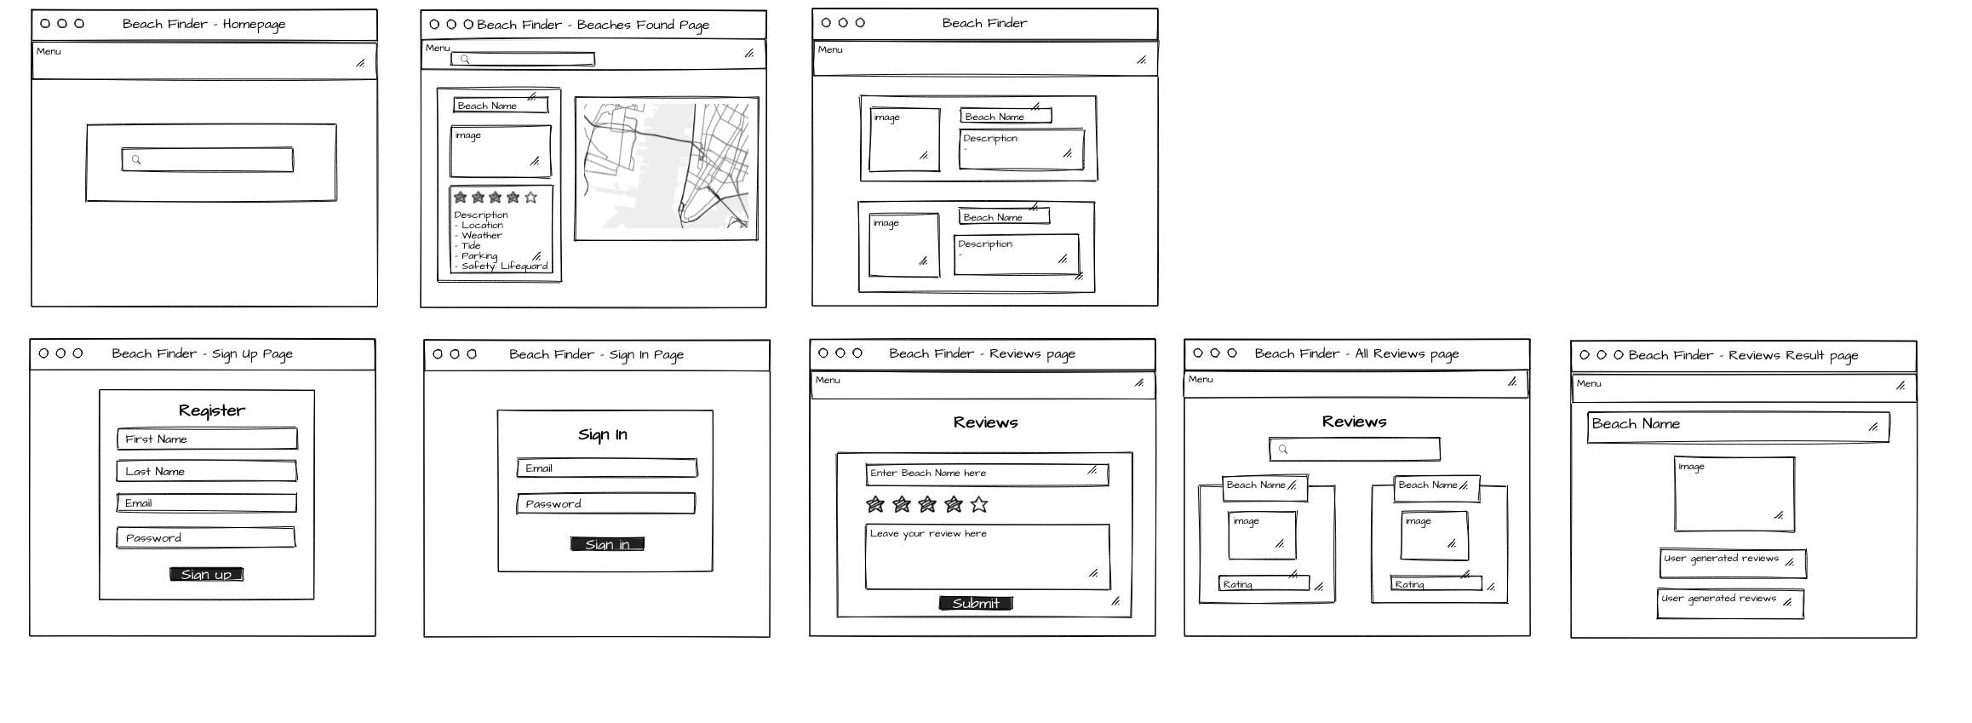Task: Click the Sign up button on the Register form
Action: (x=206, y=575)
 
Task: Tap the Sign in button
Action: (x=607, y=544)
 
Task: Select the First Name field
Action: (x=207, y=439)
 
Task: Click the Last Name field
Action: (x=207, y=472)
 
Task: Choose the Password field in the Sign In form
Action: (x=606, y=504)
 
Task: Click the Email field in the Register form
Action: (x=207, y=503)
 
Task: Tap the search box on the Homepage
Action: (x=208, y=160)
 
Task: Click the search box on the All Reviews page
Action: (x=1354, y=450)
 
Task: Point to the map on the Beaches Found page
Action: (x=666, y=169)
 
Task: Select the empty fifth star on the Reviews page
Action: (x=979, y=505)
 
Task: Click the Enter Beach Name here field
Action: (x=987, y=473)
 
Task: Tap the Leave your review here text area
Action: (x=987, y=557)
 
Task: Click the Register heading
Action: (x=212, y=410)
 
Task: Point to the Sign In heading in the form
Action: (x=603, y=435)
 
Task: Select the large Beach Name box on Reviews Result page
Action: (x=1738, y=427)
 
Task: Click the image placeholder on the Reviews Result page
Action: (x=1734, y=495)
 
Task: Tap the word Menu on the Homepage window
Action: (x=49, y=52)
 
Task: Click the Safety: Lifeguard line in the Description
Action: (x=504, y=267)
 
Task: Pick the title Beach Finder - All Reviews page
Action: (x=1356, y=353)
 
